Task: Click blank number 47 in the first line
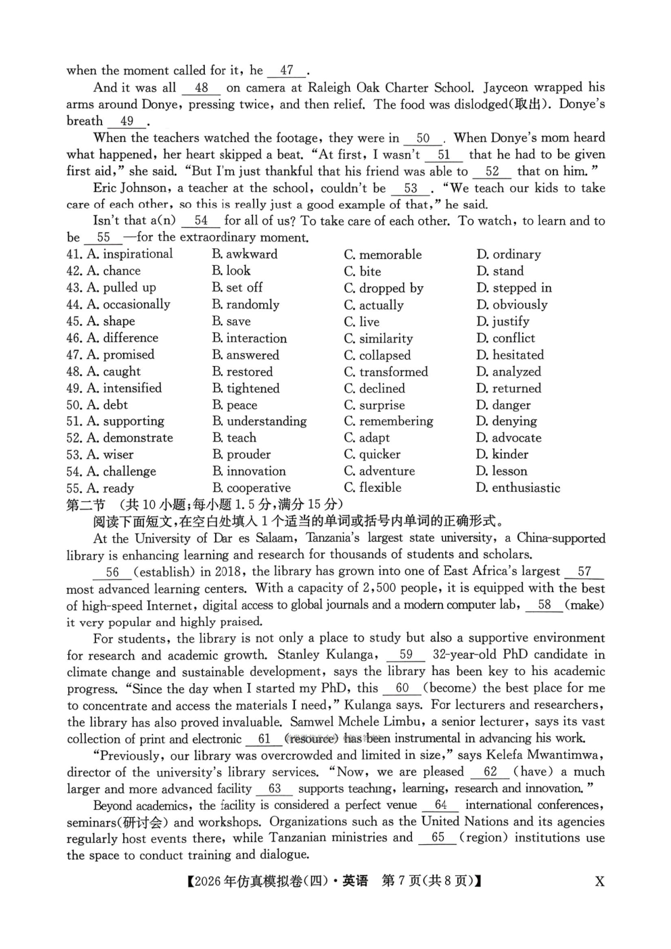287,70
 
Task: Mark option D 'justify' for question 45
503,321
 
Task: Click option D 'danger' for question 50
503,405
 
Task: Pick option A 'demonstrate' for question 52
130,438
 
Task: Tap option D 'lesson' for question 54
502,471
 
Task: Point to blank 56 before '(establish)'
112,572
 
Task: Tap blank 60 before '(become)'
402,689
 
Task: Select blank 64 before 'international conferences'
441,805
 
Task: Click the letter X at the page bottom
599,881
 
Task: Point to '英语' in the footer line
355,881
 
